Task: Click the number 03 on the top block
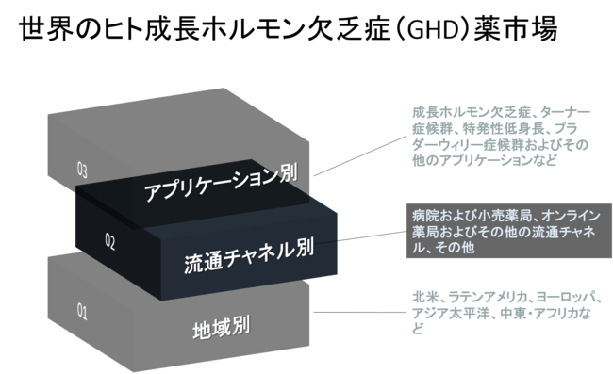(82, 171)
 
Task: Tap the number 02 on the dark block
(109, 242)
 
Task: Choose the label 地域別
(220, 329)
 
